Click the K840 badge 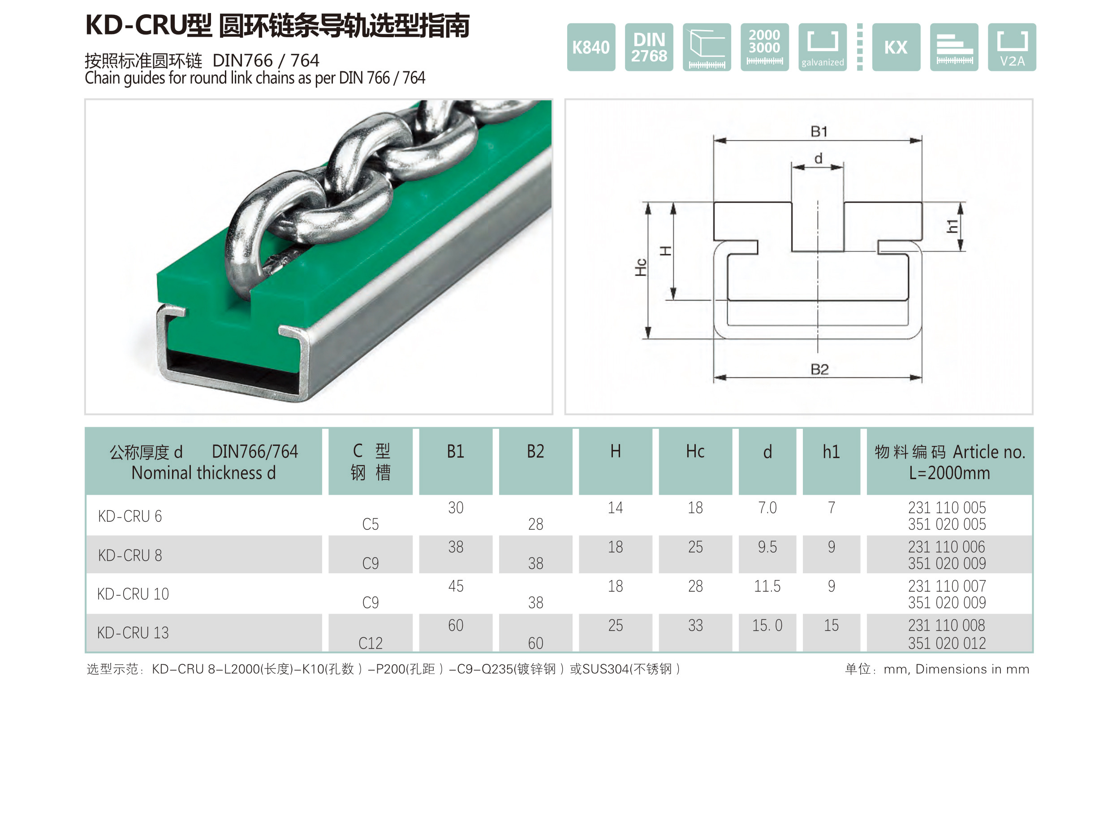point(591,47)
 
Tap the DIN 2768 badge point(649,47)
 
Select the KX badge point(896,47)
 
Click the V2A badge point(1012,47)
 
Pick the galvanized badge point(822,47)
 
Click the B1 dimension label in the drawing point(819,132)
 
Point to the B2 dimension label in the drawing point(819,369)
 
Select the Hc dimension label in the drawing point(641,268)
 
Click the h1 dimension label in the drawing point(952,226)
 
